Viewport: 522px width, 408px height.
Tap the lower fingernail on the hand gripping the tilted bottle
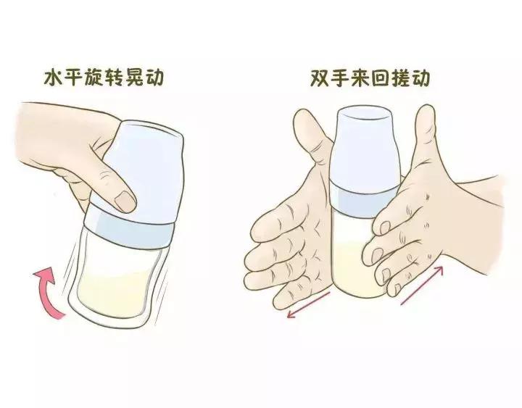click(x=127, y=200)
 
